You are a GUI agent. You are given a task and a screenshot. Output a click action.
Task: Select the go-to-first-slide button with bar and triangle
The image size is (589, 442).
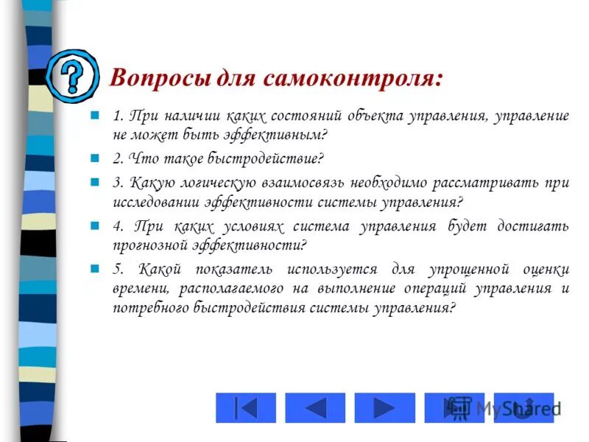pos(246,407)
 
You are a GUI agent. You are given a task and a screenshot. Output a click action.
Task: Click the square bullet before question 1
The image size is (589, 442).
pos(94,116)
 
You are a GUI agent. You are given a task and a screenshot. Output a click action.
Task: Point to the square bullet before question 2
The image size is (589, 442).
pos(94,158)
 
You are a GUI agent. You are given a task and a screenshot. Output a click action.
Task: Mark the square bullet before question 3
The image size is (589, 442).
pos(94,180)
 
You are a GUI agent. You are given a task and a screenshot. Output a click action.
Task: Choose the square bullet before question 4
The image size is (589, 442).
pos(94,225)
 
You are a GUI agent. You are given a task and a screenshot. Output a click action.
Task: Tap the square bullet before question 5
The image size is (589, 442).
pos(94,269)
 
